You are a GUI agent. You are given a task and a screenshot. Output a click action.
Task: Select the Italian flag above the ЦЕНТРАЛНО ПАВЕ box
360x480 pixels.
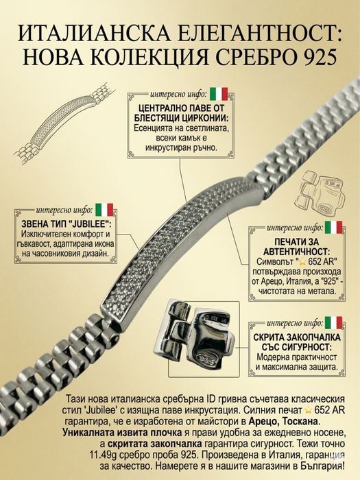219,94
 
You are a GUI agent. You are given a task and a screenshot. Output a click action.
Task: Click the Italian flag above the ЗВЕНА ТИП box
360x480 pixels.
104,210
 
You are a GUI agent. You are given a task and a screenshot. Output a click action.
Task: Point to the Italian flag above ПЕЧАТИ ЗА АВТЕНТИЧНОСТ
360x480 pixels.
333,227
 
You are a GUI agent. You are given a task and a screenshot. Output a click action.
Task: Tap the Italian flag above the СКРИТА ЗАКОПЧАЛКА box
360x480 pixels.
333,323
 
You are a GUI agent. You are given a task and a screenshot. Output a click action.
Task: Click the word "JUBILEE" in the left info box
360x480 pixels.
90,224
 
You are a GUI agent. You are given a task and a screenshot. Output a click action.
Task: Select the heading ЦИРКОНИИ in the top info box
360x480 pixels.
206,119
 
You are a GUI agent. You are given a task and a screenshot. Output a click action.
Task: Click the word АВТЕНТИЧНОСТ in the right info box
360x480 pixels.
296,252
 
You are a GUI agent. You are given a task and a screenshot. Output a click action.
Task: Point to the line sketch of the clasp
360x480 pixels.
320,192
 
